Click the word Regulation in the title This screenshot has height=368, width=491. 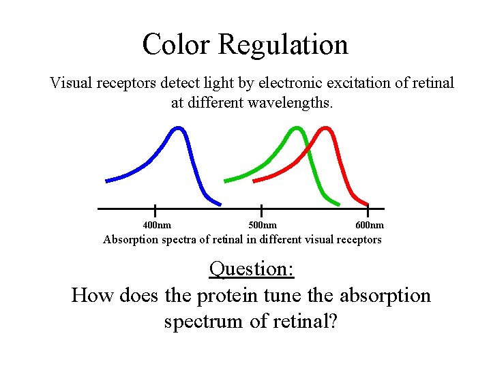tap(284, 45)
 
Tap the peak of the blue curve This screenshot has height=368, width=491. tap(178, 128)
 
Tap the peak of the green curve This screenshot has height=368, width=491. tap(295, 128)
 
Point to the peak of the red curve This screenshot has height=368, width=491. tap(326, 128)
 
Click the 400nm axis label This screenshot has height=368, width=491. tap(157, 225)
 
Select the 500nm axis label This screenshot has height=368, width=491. tap(263, 225)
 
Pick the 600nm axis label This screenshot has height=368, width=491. tap(370, 225)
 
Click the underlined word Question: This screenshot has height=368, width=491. tap(252, 269)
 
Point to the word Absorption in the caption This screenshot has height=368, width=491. tap(130, 239)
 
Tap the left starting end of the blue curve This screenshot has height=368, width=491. tap(107, 181)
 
